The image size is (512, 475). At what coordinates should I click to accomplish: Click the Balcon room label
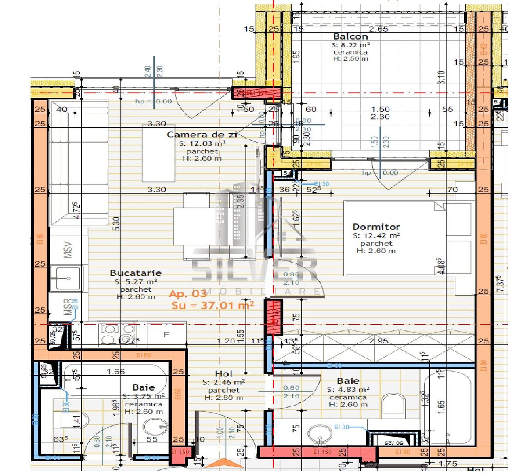click(350, 37)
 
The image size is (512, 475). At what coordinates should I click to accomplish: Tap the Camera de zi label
click(202, 135)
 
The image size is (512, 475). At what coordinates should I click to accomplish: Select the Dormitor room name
click(376, 227)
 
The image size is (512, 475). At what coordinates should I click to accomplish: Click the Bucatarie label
click(136, 273)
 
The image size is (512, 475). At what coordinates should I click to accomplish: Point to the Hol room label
click(224, 374)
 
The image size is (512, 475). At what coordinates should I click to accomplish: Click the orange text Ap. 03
click(187, 294)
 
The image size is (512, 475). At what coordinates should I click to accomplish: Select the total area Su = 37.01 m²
click(213, 305)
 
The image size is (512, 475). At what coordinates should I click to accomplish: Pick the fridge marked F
click(166, 335)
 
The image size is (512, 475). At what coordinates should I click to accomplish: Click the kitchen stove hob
click(117, 334)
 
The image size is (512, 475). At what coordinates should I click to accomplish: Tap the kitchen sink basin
click(65, 278)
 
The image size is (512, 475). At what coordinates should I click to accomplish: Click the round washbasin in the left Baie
click(155, 426)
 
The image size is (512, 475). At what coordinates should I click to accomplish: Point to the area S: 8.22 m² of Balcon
click(350, 45)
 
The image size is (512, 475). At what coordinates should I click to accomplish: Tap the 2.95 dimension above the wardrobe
click(378, 341)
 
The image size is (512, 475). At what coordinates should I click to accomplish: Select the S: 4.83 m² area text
click(348, 390)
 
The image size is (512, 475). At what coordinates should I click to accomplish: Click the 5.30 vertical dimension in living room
click(115, 227)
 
